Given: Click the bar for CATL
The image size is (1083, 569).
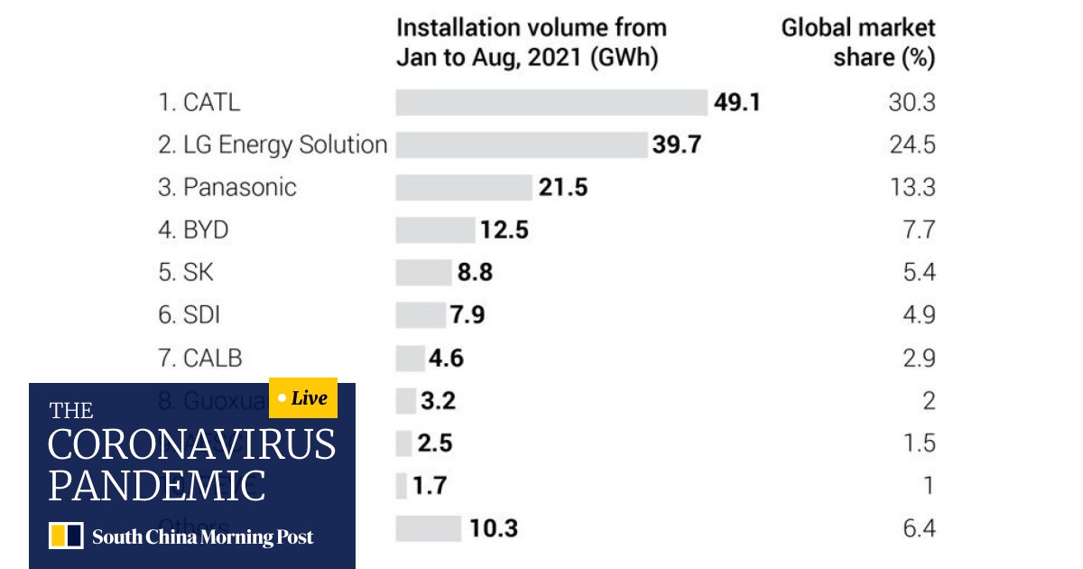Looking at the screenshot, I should (x=551, y=102).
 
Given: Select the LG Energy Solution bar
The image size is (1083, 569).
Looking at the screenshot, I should (x=522, y=145).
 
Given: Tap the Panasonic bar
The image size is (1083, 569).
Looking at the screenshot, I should (x=464, y=187).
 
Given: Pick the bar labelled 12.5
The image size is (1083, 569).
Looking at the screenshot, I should (x=435, y=230).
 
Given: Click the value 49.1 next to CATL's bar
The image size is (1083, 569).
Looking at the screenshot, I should (x=736, y=102).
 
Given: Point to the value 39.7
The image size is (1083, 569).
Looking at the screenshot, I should (x=677, y=145).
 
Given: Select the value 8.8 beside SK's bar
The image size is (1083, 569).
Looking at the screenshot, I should (x=475, y=273).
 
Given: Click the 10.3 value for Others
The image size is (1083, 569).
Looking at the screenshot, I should (x=493, y=528).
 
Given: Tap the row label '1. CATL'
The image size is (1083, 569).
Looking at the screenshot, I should (x=199, y=102).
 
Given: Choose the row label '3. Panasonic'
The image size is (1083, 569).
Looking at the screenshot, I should (x=227, y=187).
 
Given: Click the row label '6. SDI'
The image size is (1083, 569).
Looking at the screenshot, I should (x=190, y=315).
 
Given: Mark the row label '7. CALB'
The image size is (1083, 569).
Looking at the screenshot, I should (x=200, y=358).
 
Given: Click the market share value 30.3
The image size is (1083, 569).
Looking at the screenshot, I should (x=912, y=102).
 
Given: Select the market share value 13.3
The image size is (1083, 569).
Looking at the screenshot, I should (x=912, y=187).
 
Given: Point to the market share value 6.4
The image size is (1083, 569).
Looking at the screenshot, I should (x=919, y=528).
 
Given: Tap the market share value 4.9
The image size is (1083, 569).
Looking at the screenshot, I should (x=919, y=315).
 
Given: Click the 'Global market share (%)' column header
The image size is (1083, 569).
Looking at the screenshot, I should (x=857, y=42).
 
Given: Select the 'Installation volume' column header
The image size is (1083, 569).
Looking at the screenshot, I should (x=531, y=42).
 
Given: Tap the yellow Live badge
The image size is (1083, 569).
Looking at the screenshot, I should (x=303, y=398).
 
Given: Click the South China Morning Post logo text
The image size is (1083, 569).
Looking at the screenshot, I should (x=202, y=537).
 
